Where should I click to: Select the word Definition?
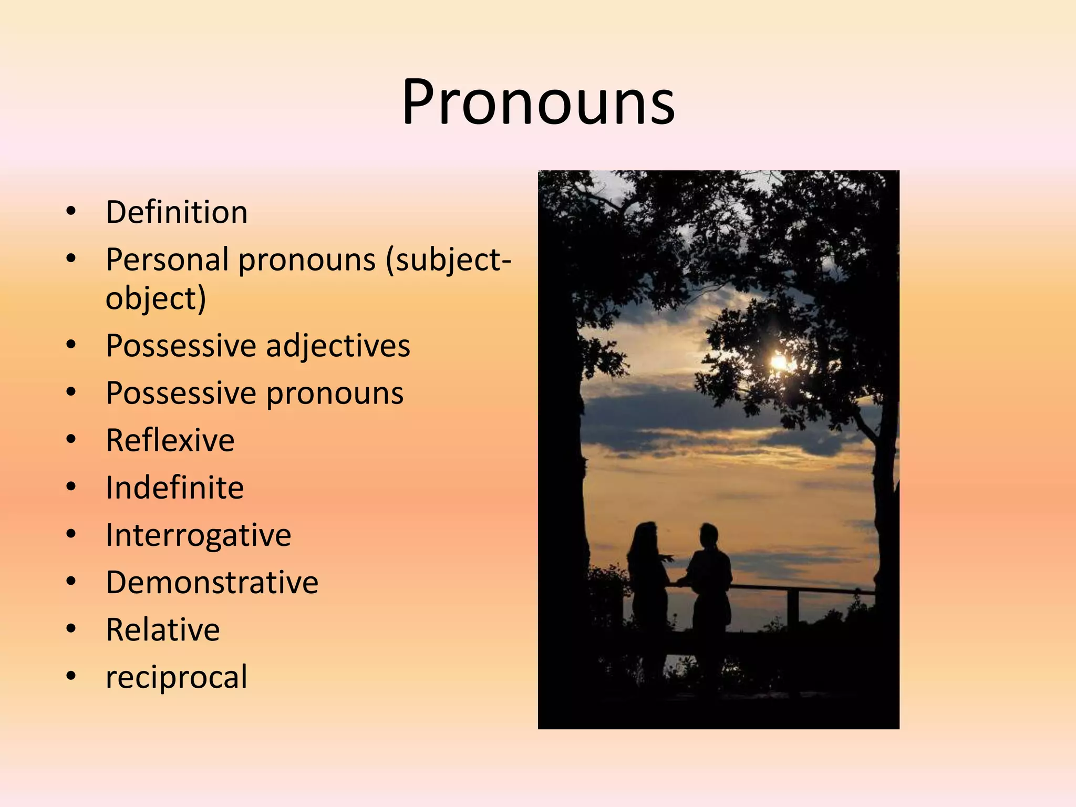tap(177, 212)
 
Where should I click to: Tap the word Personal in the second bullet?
tap(168, 260)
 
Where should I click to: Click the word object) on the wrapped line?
tap(156, 298)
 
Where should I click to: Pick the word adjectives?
tap(337, 346)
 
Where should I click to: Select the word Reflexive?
tap(170, 440)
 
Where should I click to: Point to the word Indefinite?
tap(174, 488)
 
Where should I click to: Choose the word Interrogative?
tap(198, 535)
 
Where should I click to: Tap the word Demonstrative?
tap(212, 582)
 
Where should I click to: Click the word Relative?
tap(162, 629)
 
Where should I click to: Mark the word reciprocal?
tap(176, 677)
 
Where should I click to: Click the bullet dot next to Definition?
tap(71, 212)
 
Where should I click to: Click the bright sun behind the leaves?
tap(778, 362)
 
